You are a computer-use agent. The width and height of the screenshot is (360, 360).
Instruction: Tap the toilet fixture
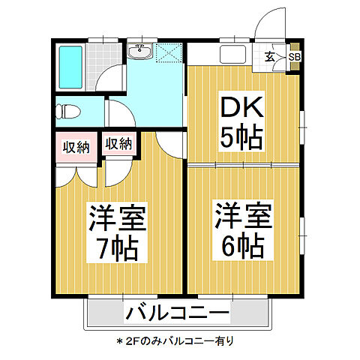[69, 111]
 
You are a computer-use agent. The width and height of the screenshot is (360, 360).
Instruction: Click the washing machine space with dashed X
[169, 55]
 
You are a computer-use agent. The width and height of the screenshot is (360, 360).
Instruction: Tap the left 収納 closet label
[76, 146]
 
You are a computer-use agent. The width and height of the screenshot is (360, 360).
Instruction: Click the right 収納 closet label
[118, 143]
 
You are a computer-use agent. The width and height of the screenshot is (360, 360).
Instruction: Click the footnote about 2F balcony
[175, 340]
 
